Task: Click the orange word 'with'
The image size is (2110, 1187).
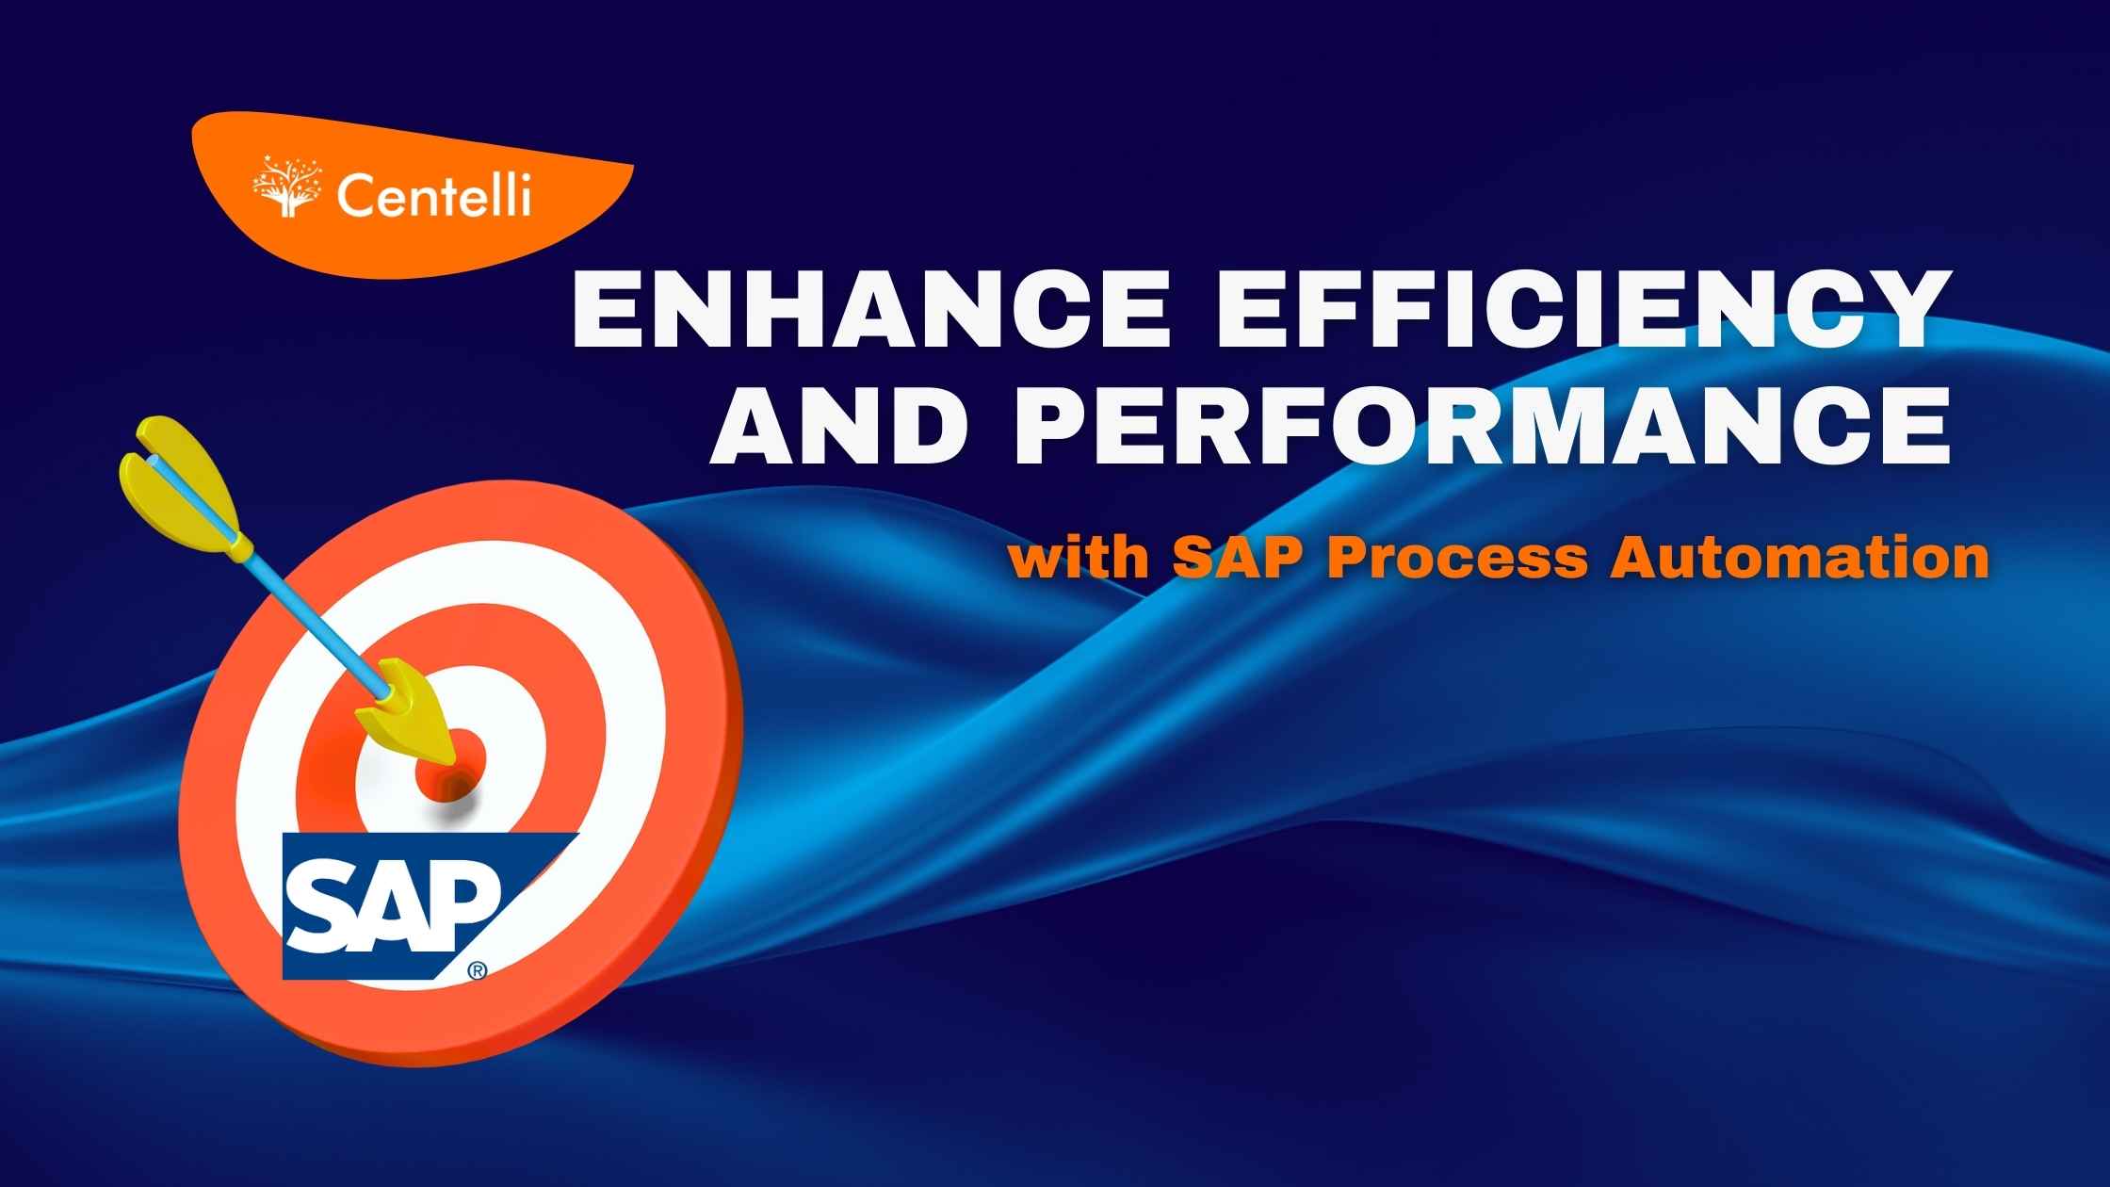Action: [1079, 559]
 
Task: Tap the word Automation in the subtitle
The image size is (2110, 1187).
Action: [1799, 559]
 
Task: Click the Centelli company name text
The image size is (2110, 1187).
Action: [433, 197]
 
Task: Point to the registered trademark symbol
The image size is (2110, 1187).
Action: [478, 969]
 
